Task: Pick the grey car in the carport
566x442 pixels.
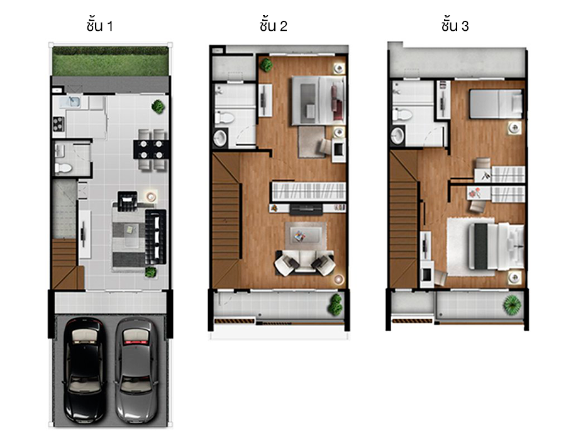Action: [x=136, y=370]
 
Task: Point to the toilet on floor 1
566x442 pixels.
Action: [x=64, y=167]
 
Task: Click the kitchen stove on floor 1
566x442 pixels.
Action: [x=58, y=124]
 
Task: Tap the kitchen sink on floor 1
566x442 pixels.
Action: [x=70, y=102]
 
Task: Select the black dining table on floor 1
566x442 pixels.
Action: [x=151, y=150]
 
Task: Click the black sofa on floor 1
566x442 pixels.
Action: [x=155, y=237]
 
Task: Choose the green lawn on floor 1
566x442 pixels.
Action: [x=111, y=61]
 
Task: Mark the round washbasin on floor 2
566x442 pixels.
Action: [x=220, y=138]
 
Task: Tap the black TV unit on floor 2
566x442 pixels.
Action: [x=306, y=209]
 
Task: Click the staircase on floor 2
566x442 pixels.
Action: [x=226, y=220]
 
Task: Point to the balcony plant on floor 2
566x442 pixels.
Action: [x=335, y=304]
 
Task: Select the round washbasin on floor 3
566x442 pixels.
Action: [x=397, y=135]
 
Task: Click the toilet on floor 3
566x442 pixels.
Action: [x=402, y=115]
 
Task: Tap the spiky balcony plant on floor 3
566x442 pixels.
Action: [x=513, y=304]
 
